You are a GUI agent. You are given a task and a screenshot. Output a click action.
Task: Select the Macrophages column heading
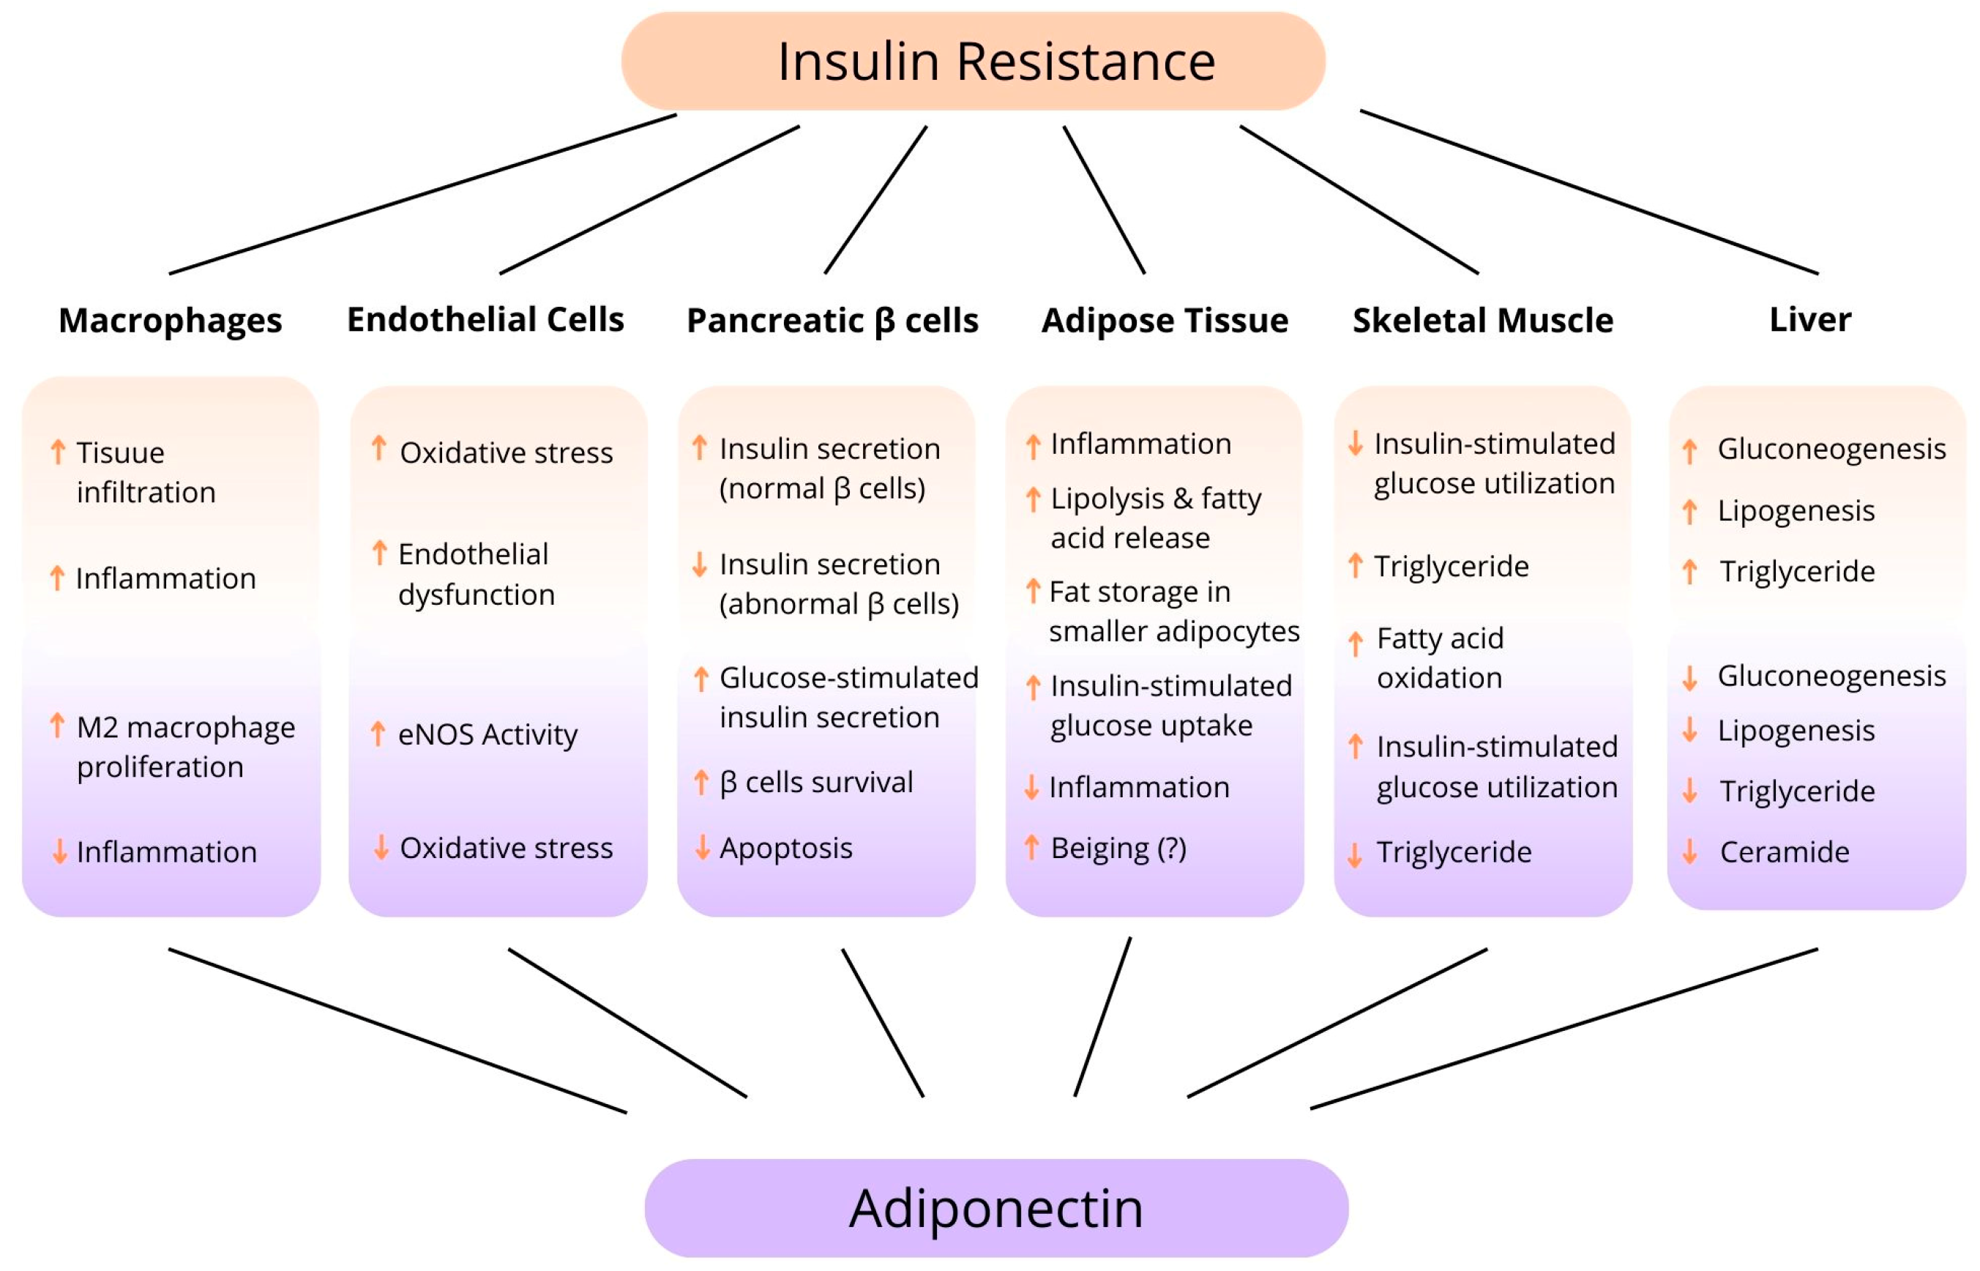[x=170, y=320]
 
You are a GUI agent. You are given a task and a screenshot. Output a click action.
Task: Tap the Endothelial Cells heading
[x=485, y=319]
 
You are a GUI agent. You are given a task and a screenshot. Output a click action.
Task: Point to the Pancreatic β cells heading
[x=832, y=320]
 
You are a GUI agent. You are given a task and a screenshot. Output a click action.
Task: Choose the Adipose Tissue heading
[x=1164, y=320]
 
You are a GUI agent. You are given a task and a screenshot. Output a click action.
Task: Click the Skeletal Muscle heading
[x=1482, y=320]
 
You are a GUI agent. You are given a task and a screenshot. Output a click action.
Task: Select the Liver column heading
[x=1809, y=319]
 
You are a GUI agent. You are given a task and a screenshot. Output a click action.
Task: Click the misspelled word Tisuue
[x=121, y=452]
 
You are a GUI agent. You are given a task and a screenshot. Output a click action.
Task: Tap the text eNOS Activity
[x=487, y=734]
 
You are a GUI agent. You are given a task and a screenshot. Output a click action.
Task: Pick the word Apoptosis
[x=785, y=848]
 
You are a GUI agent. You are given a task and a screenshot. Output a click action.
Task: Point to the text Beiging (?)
[x=1118, y=848]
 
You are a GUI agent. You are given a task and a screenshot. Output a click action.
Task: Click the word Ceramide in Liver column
[x=1784, y=851]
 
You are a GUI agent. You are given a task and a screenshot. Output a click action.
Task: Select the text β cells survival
[x=816, y=782]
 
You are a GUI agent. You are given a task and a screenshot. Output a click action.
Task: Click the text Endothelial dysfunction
[x=475, y=573]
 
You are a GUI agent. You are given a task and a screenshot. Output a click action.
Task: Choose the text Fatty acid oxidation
[x=1440, y=657]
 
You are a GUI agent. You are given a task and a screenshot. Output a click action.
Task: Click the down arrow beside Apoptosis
[x=702, y=848]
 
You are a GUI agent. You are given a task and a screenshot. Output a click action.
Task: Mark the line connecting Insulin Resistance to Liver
[x=1588, y=192]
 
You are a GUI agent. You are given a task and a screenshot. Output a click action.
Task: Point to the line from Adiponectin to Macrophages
[x=397, y=1030]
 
